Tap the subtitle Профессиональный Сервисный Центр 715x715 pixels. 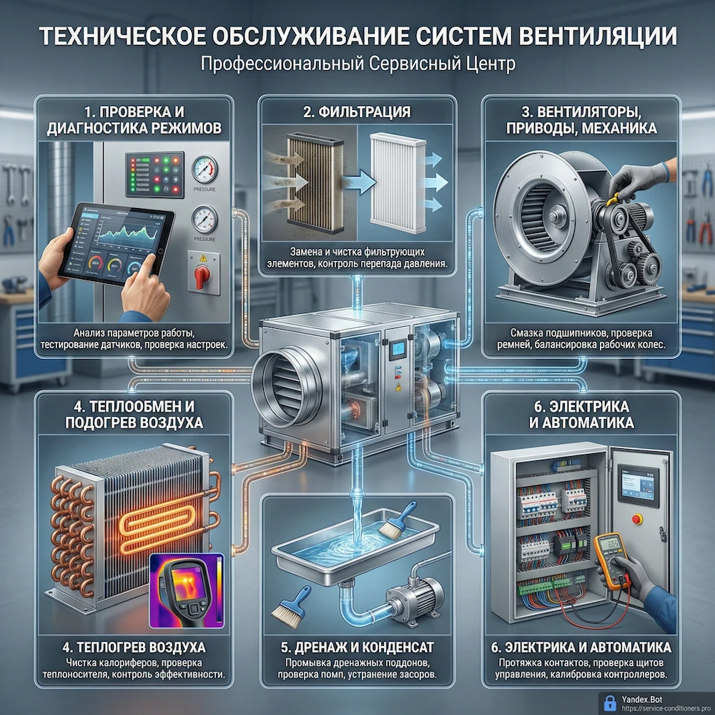pyautogui.click(x=357, y=65)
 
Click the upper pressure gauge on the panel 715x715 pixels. pyautogui.click(x=204, y=169)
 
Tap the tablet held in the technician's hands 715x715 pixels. pyautogui.click(x=114, y=241)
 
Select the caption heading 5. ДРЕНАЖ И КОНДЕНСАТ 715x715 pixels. pyautogui.click(x=357, y=648)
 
